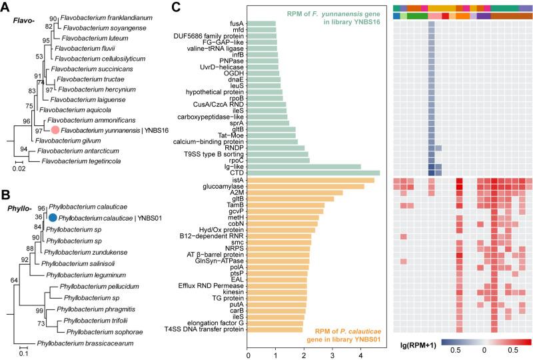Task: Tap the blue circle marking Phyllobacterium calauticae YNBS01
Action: pyautogui.click(x=52, y=217)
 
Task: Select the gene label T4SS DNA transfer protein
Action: pyautogui.click(x=207, y=329)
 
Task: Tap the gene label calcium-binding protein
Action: pyautogui.click(x=208, y=141)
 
